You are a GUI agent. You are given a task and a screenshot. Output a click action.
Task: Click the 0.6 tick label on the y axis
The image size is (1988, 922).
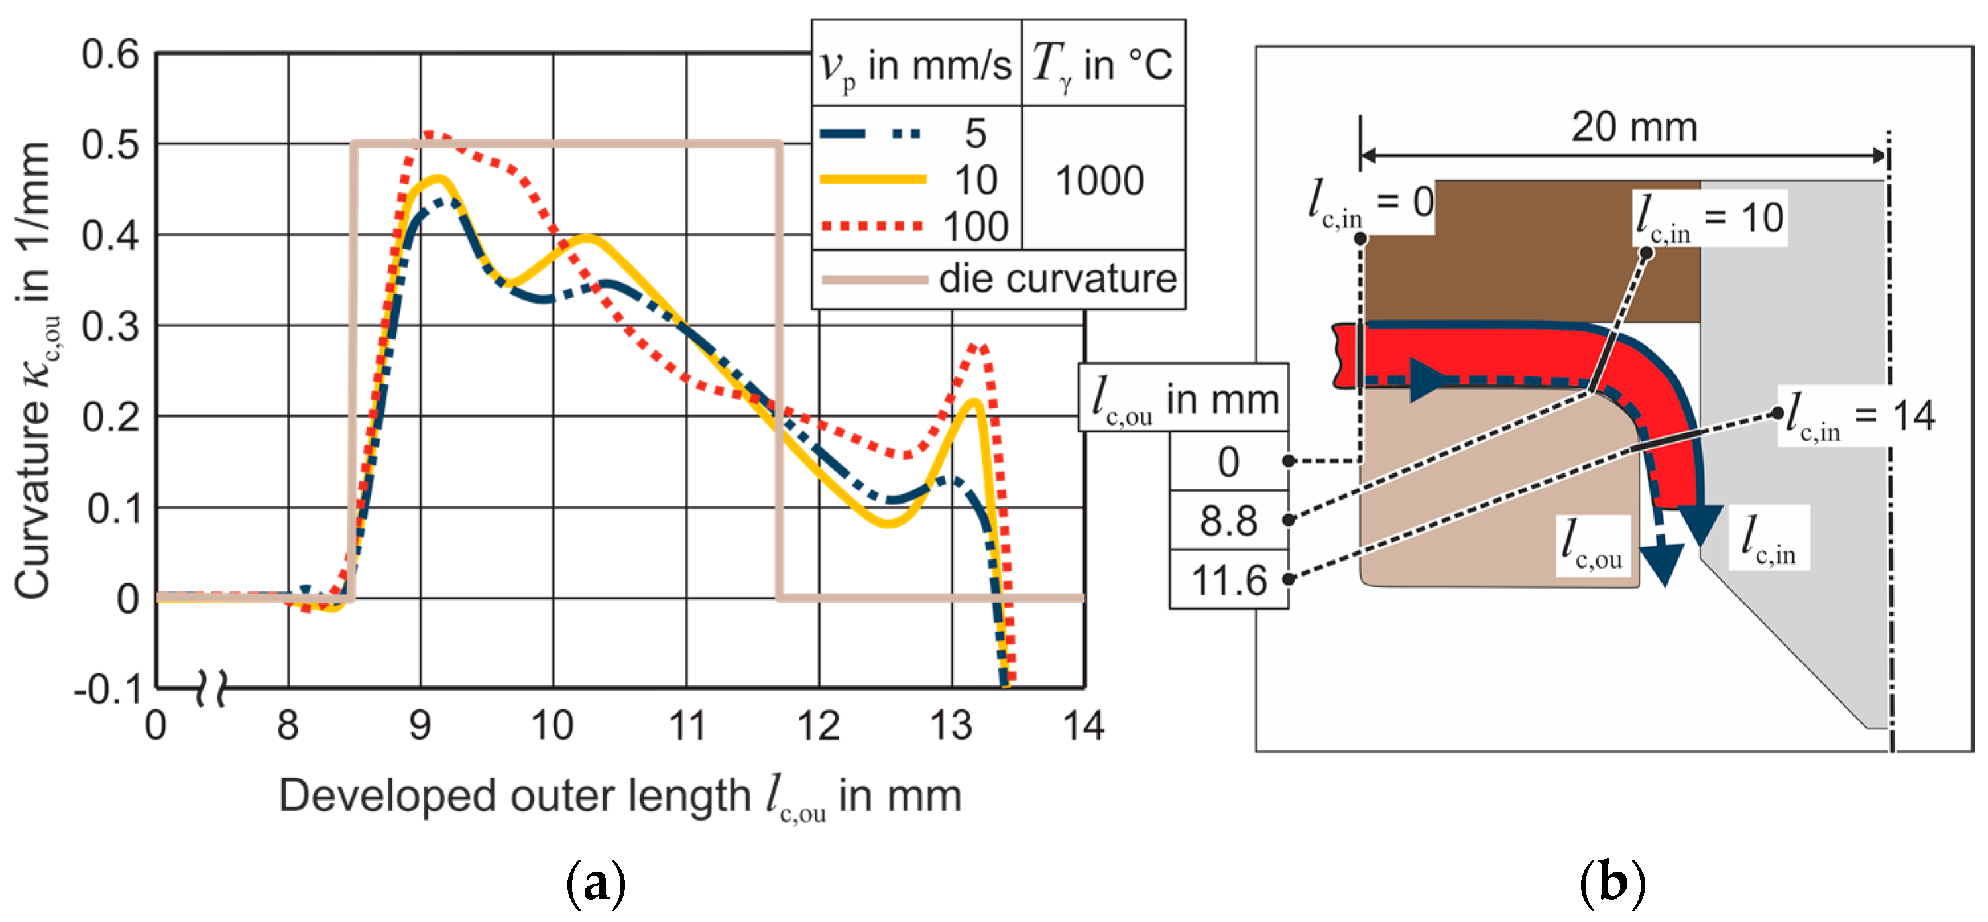coord(110,55)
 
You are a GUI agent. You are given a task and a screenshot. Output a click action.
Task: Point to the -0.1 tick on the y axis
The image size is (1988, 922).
coord(108,689)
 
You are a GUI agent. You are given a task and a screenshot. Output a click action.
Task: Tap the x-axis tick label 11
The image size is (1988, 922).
coord(686,726)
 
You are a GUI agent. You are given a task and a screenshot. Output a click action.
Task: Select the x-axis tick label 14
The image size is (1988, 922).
coord(1084,726)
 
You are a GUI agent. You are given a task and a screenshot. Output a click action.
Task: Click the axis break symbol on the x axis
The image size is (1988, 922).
coord(211,687)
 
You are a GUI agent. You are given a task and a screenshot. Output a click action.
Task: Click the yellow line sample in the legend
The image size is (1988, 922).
coord(872,180)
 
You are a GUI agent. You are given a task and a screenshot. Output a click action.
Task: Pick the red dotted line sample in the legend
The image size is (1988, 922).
coord(872,226)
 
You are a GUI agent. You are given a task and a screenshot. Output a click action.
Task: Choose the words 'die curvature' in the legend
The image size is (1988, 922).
coord(1057,278)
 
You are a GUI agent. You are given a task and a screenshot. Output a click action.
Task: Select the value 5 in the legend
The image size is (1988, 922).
coord(976,133)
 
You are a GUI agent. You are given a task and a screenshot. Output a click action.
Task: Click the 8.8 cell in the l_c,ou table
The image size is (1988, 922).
coord(1228,521)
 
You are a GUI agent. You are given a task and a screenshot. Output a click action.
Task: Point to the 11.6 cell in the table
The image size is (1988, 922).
coord(1228,580)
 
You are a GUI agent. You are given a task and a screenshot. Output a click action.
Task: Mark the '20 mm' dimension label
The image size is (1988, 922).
coord(1634,127)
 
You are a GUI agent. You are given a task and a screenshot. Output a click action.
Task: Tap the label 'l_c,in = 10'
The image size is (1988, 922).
coord(1709,218)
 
